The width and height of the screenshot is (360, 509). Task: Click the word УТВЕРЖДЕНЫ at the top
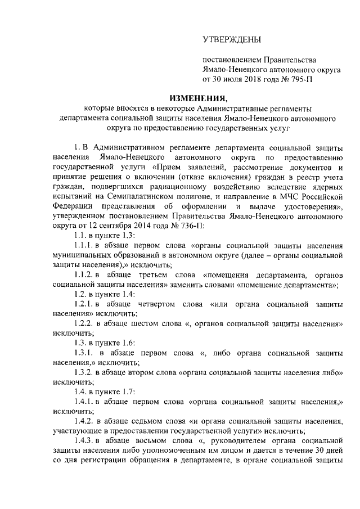(232, 39)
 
